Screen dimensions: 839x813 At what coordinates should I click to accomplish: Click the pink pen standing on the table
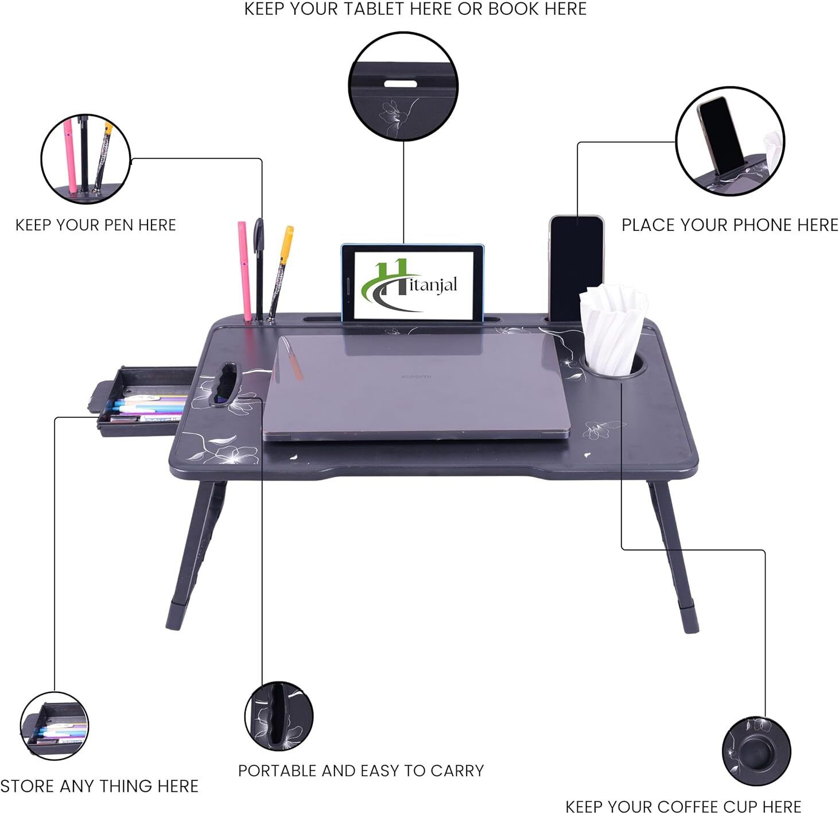(244, 272)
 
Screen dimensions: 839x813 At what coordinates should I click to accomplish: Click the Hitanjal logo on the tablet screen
(409, 285)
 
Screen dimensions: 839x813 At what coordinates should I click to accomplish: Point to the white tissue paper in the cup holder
(613, 328)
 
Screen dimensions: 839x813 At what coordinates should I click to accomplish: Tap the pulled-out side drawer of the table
(142, 401)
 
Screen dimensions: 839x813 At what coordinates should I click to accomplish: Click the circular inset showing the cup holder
(756, 751)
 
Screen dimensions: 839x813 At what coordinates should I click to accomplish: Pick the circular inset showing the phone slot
(729, 141)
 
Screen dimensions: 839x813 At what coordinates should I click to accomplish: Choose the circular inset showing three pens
(86, 159)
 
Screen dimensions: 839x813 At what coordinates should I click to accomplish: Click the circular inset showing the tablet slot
(403, 86)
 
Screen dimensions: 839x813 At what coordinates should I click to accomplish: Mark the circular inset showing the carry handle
(279, 717)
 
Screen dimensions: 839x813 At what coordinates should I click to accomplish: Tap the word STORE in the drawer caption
(28, 786)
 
